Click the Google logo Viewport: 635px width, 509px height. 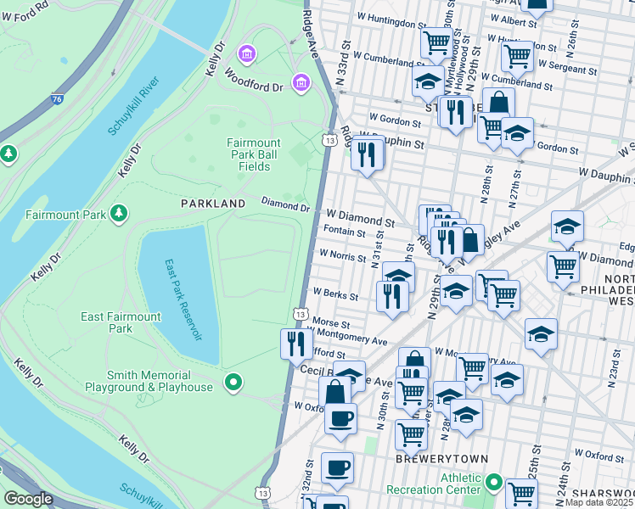point(28,499)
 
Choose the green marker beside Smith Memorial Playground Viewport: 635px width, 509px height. point(233,383)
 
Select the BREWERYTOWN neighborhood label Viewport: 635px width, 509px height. point(442,459)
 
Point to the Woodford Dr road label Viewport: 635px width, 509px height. point(252,76)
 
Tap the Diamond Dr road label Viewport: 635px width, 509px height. point(284,204)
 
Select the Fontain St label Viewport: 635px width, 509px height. point(343,232)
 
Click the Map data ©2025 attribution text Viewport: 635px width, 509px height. point(599,502)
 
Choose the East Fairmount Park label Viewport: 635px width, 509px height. point(121,322)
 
